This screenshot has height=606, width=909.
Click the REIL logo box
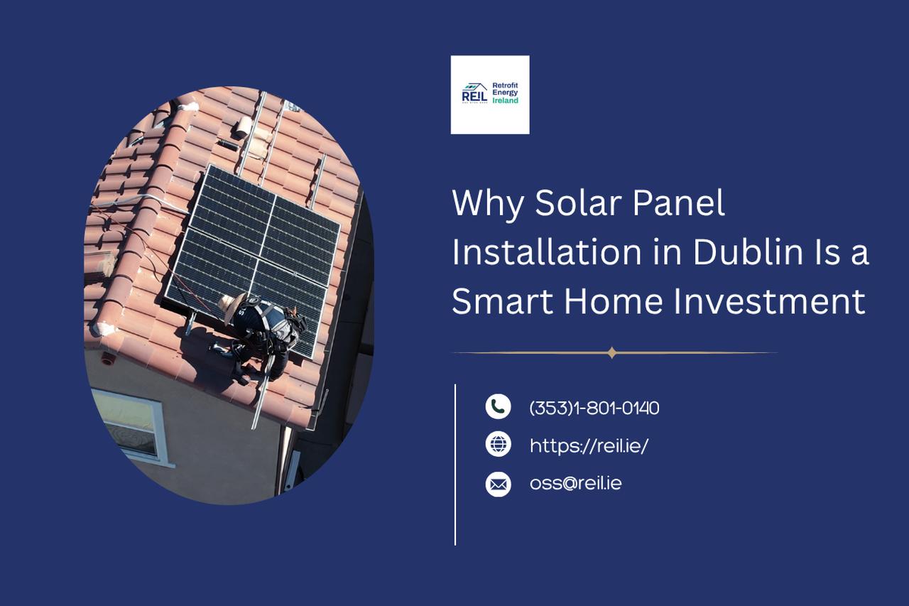click(489, 94)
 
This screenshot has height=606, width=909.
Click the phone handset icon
click(498, 406)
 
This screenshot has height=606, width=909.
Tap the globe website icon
click(498, 444)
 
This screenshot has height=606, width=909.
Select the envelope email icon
click(498, 485)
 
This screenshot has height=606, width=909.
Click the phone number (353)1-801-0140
click(594, 408)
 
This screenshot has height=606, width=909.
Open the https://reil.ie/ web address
click(589, 445)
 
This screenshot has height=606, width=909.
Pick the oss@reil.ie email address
click(576, 484)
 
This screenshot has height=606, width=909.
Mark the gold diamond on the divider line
click(612, 352)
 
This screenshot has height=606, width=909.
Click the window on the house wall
click(131, 424)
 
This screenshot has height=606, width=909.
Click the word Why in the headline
click(486, 204)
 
